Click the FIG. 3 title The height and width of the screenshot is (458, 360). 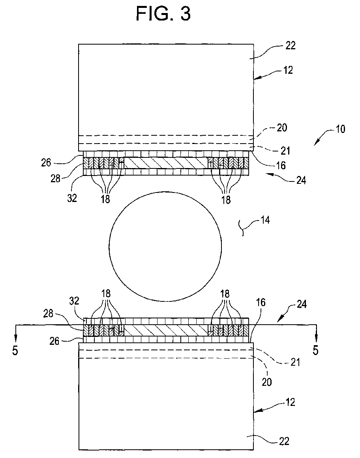[163, 13]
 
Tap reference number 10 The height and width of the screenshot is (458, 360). [340, 129]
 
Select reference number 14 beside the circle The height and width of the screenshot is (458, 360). [265, 220]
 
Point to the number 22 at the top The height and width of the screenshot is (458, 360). [290, 45]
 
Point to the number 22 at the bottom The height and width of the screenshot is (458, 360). [284, 441]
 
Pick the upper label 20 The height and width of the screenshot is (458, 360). [282, 128]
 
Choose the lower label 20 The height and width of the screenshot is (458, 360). [266, 381]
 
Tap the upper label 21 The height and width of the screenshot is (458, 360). [285, 151]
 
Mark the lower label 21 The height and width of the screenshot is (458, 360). [295, 362]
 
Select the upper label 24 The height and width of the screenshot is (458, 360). [301, 180]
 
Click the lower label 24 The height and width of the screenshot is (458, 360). [302, 304]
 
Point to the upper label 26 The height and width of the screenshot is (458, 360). [46, 163]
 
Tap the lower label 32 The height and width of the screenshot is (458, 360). [74, 301]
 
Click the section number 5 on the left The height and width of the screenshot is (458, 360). [15, 350]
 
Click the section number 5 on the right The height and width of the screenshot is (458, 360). [315, 350]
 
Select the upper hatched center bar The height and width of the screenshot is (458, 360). [166, 163]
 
